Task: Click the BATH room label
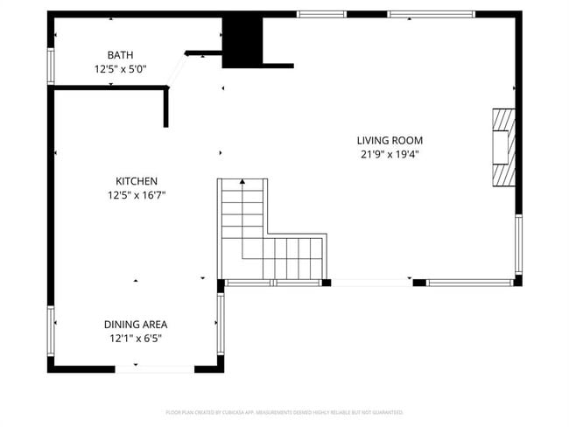121,54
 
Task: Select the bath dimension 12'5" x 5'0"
121,68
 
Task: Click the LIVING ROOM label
390,140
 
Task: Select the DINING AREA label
136,324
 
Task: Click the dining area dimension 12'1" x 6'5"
136,338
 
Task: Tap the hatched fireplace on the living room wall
502,147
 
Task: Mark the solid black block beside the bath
242,41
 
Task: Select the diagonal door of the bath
176,69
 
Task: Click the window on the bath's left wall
51,66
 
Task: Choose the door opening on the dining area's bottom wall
155,369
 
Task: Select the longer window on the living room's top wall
431,14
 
